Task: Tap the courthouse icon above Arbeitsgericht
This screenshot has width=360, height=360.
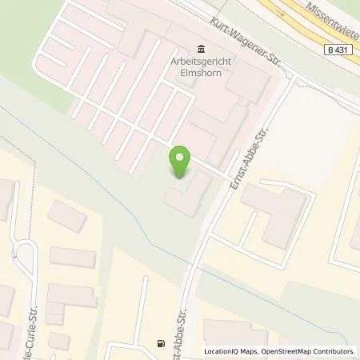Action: click(198, 48)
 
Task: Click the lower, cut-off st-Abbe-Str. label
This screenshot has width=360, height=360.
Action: click(179, 328)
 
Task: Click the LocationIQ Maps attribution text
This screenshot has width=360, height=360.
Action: click(231, 351)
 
